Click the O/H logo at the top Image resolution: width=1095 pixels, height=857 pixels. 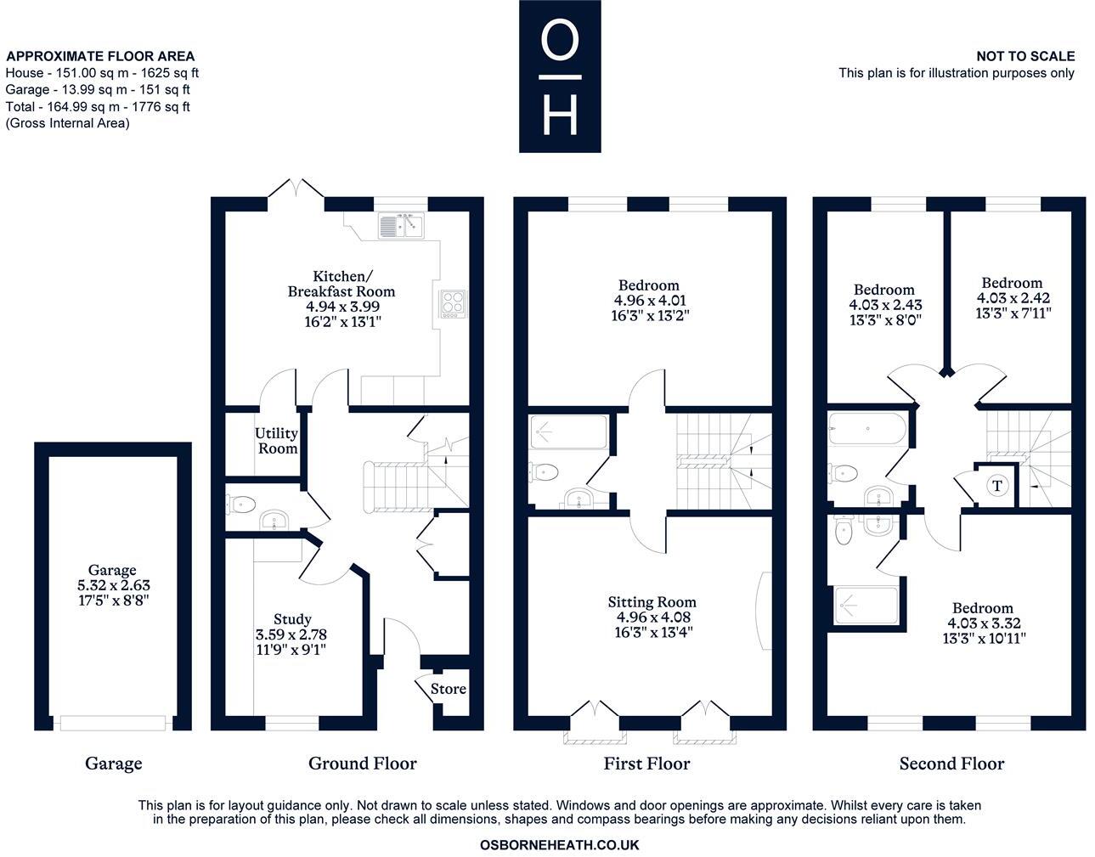(560, 76)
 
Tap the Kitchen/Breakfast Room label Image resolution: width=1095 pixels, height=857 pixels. (341, 284)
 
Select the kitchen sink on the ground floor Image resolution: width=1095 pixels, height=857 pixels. (401, 227)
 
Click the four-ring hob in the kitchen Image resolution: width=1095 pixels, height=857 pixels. (453, 303)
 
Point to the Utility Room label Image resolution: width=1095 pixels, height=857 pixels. (277, 441)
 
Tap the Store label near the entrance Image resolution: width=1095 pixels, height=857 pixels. (448, 689)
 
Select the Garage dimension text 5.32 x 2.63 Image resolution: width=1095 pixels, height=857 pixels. (113, 585)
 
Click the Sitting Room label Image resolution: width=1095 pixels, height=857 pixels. (652, 602)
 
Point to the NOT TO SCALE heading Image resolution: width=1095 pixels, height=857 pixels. (1025, 57)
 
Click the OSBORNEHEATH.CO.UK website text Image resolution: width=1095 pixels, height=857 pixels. (559, 845)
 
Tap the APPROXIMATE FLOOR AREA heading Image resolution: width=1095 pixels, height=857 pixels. (100, 57)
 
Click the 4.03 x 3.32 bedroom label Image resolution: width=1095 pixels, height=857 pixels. (982, 623)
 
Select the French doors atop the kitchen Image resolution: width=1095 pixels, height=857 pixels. (296, 189)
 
